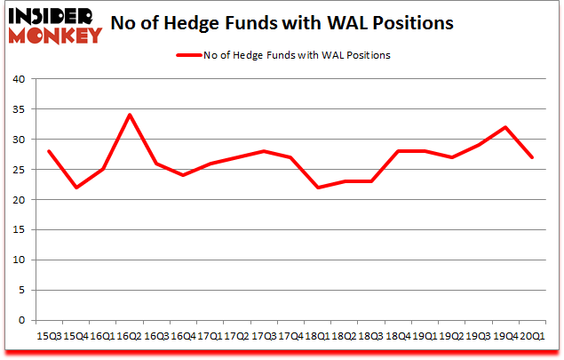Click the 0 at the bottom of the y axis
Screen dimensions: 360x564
pos(21,321)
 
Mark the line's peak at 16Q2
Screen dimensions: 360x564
pos(130,115)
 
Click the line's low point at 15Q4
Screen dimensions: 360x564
pos(75,188)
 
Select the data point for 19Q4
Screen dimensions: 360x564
pos(504,127)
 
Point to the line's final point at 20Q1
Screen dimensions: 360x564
pos(532,157)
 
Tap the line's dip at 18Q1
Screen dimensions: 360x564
pos(317,188)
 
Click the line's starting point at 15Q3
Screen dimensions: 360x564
pos(49,151)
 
